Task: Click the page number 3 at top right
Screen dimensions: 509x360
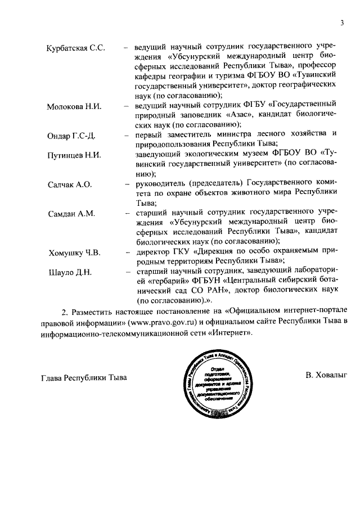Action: point(341,23)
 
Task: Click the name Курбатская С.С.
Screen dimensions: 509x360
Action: point(75,48)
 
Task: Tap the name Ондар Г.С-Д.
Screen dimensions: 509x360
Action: point(71,137)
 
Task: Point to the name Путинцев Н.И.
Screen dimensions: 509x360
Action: point(74,155)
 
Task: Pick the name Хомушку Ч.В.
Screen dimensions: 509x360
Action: point(74,253)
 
